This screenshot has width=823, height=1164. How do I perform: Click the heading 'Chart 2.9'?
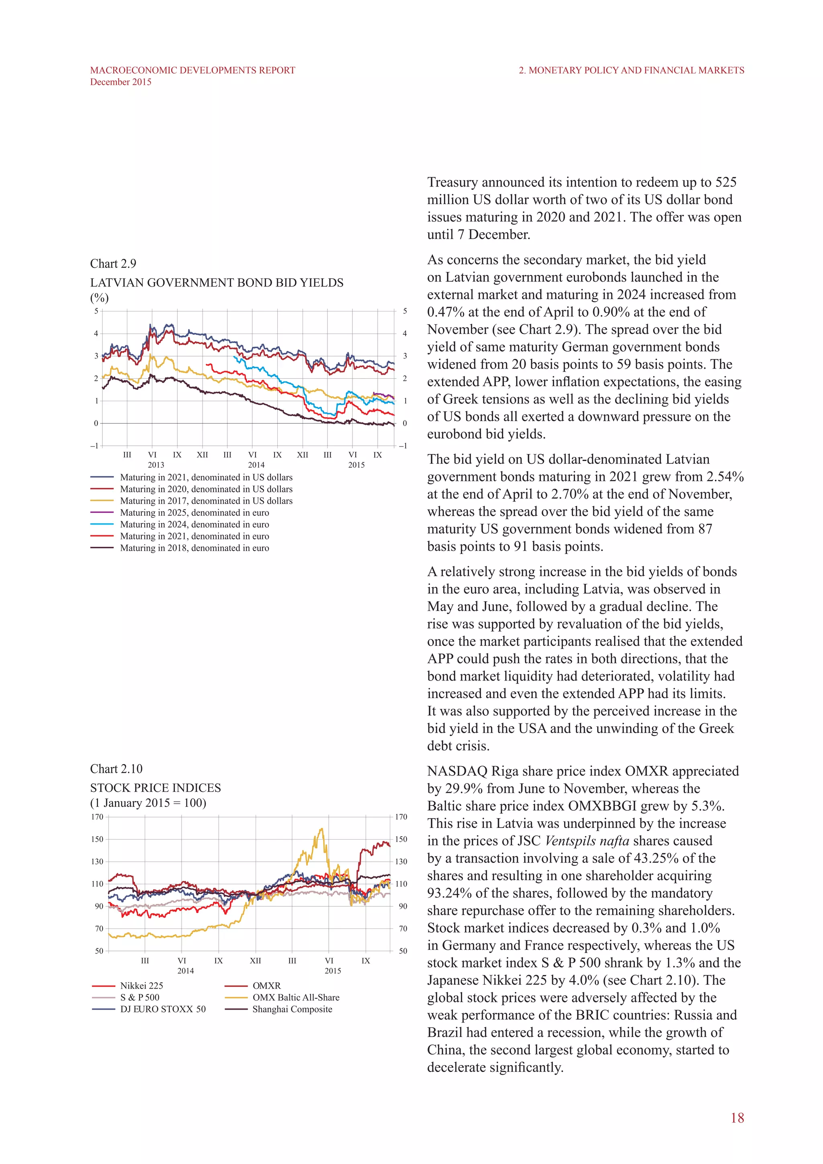tap(113, 264)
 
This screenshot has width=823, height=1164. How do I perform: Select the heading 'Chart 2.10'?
tap(116, 769)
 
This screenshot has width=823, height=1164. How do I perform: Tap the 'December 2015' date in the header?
tap(121, 82)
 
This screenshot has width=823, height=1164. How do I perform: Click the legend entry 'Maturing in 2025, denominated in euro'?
tap(194, 512)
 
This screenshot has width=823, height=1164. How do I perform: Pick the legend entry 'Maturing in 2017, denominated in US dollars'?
tap(206, 501)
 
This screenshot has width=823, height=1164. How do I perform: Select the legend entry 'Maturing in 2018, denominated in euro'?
tap(194, 548)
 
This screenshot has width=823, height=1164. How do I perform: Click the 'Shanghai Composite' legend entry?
tap(292, 1009)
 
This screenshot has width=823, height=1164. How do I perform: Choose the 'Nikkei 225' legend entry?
tap(141, 986)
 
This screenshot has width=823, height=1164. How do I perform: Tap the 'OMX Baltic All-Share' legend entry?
tap(296, 997)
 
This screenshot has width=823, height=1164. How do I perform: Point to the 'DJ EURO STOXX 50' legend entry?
tap(163, 1009)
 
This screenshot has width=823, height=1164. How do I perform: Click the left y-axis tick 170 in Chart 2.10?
tap(97, 817)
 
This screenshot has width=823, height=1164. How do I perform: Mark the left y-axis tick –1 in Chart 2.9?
tap(94, 446)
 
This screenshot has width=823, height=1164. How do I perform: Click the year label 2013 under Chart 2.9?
tap(156, 465)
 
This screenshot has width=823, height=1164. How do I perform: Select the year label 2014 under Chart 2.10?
tap(186, 971)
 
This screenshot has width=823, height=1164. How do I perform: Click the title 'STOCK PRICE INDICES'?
tap(156, 788)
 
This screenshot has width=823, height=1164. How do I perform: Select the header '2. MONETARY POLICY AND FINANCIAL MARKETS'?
tap(631, 70)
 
